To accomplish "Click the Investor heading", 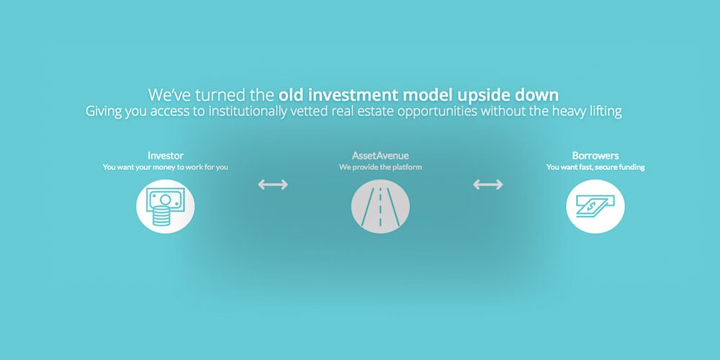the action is [166, 156].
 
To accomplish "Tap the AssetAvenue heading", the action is [380, 156].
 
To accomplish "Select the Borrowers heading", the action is [595, 156].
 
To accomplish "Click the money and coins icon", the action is [166, 206].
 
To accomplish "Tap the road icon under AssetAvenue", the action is [380, 206].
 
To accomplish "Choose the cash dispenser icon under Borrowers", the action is [595, 206].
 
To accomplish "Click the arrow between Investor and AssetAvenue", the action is [273, 184].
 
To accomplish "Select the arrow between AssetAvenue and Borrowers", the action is [487, 184].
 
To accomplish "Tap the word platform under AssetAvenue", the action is [406, 167].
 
